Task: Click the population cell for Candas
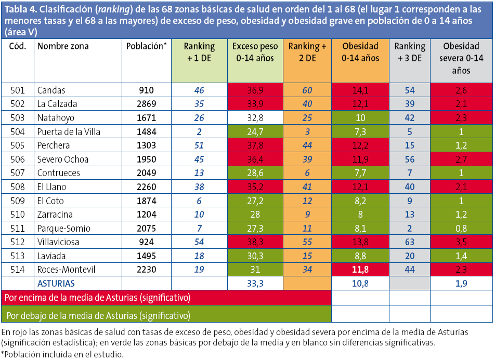click(x=146, y=90)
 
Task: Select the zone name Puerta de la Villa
click(x=69, y=132)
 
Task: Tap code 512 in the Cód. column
click(x=18, y=242)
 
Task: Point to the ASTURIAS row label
click(x=56, y=284)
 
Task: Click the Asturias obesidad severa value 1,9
click(x=461, y=284)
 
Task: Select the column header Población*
click(x=146, y=46)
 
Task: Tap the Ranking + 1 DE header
click(x=199, y=52)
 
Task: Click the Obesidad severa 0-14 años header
click(x=461, y=58)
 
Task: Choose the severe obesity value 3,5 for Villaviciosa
click(x=461, y=242)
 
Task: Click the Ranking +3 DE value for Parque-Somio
click(x=410, y=229)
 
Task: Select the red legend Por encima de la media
click(x=97, y=298)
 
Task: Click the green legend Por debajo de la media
click(x=97, y=315)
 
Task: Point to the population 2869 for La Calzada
click(x=146, y=104)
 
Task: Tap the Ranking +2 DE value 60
click(x=307, y=90)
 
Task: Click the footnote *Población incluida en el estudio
click(x=62, y=354)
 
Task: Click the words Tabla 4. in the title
click(x=20, y=8)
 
